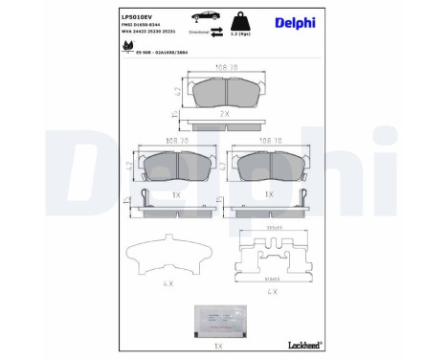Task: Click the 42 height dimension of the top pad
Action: pos(178,93)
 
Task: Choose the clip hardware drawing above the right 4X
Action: pos(272,256)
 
